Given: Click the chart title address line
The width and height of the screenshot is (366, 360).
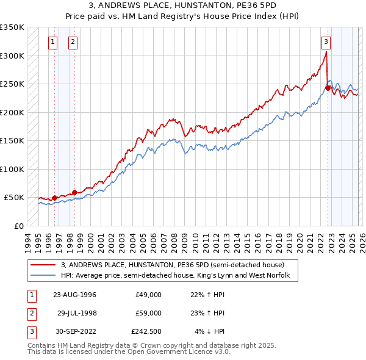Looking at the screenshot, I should point(183,5).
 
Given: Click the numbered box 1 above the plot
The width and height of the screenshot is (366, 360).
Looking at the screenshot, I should point(52,42).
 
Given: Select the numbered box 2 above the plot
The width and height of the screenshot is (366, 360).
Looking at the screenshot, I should point(73,42).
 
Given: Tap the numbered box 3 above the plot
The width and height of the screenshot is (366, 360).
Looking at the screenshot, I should point(326,42).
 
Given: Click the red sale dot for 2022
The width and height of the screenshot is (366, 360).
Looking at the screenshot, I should point(328,88).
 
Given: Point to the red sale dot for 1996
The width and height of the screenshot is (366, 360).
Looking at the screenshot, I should point(54,198).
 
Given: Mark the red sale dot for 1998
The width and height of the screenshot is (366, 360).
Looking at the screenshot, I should point(75,192).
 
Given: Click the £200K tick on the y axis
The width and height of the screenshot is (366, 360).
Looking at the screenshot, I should point(12,112).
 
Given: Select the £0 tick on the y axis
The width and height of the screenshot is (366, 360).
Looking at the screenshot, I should point(18,226).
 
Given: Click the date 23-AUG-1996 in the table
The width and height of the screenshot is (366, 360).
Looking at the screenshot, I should point(74,295).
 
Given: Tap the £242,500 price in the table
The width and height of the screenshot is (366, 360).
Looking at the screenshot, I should point(146,331).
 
